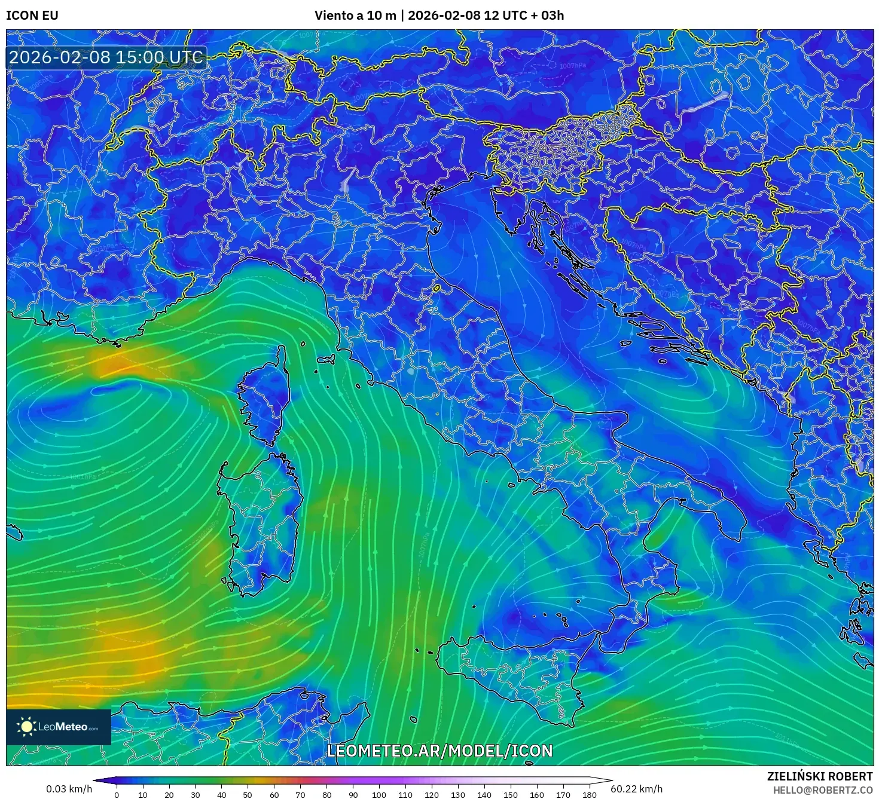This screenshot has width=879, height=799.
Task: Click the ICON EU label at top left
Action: [32, 16]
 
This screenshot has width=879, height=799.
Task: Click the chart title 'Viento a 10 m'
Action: [355, 16]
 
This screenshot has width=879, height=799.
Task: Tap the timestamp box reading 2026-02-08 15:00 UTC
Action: [106, 57]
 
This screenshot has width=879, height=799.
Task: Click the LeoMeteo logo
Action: [59, 727]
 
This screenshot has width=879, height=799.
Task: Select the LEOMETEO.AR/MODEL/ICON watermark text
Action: [439, 751]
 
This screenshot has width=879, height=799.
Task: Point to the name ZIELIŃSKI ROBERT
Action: [820, 776]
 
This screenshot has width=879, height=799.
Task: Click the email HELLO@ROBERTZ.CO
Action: [823, 789]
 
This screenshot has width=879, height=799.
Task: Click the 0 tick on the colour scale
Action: [117, 794]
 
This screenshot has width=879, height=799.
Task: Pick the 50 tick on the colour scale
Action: [248, 794]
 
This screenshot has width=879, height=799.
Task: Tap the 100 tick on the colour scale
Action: [379, 794]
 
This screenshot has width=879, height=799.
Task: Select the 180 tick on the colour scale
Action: [590, 794]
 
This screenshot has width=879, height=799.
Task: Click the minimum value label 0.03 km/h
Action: [69, 789]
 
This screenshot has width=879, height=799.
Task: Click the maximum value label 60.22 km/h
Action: [636, 789]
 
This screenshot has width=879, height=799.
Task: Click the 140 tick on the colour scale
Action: [484, 794]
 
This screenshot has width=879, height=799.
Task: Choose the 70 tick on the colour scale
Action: [300, 794]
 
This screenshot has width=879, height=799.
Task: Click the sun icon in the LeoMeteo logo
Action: [26, 727]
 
